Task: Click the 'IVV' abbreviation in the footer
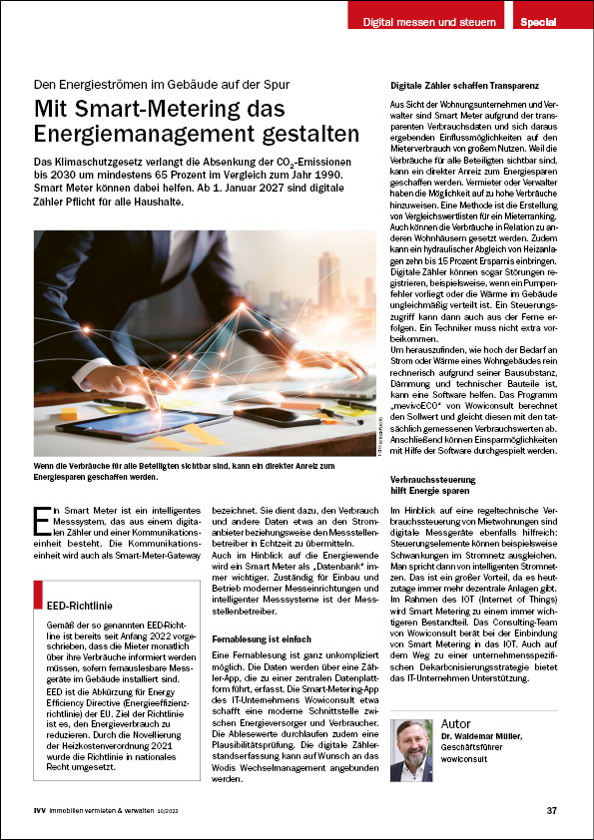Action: (39, 810)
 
